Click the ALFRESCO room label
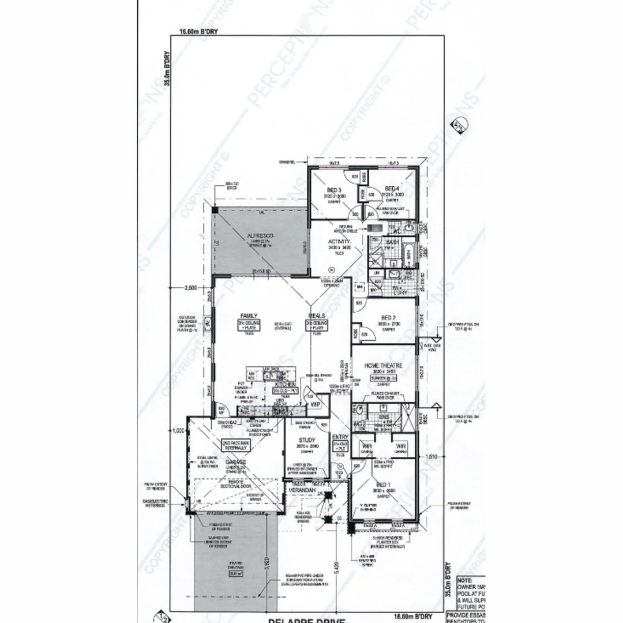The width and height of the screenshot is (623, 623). coord(260,237)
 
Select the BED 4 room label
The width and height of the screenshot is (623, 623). coord(392,189)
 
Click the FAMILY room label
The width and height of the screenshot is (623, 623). coord(249,316)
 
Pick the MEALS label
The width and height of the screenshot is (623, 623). coord(317,316)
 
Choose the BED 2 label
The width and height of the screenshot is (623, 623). coord(388,317)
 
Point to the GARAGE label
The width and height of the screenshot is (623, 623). coord(235,463)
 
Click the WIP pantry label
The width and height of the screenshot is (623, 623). coord(315,405)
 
